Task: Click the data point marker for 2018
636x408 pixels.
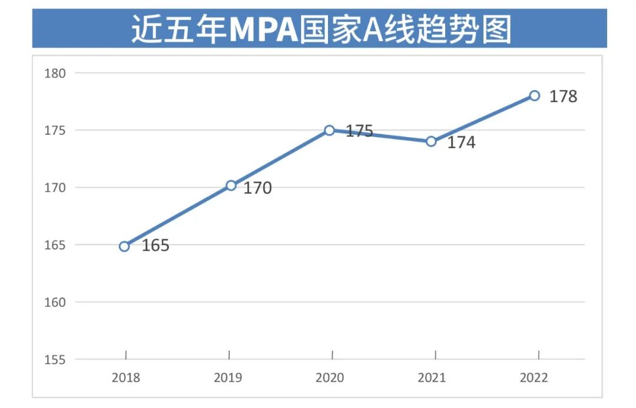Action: pyautogui.click(x=124, y=246)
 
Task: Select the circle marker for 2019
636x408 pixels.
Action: pyautogui.click(x=231, y=185)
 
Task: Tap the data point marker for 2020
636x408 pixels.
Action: pyautogui.click(x=330, y=130)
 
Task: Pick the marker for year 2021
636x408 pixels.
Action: pyautogui.click(x=431, y=141)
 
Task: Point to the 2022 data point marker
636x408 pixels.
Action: pyautogui.click(x=535, y=95)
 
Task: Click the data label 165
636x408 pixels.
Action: pyautogui.click(x=155, y=246)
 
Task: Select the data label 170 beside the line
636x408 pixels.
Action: pyautogui.click(x=258, y=188)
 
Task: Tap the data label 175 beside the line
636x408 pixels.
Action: pyautogui.click(x=359, y=131)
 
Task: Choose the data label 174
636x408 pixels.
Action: pyautogui.click(x=461, y=142)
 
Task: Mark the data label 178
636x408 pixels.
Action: pyautogui.click(x=564, y=97)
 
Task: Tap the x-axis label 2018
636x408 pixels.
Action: pyautogui.click(x=126, y=377)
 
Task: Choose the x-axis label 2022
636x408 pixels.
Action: pyautogui.click(x=534, y=377)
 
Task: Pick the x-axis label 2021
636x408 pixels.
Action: pyautogui.click(x=432, y=377)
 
